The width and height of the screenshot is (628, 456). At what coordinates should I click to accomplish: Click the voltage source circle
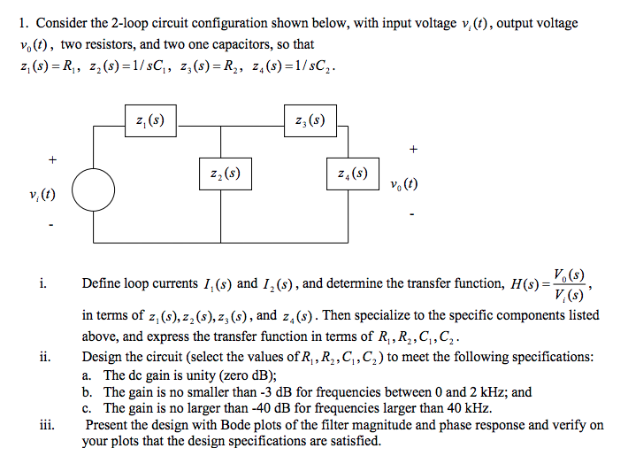coord(93,190)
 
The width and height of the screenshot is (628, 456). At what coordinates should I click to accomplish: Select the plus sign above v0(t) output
coord(412,148)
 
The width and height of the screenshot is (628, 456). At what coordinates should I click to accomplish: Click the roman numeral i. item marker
coord(42,284)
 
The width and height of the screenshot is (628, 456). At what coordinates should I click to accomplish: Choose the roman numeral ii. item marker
coord(44,358)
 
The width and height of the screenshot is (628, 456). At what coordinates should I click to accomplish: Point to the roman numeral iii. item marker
coord(47,424)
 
